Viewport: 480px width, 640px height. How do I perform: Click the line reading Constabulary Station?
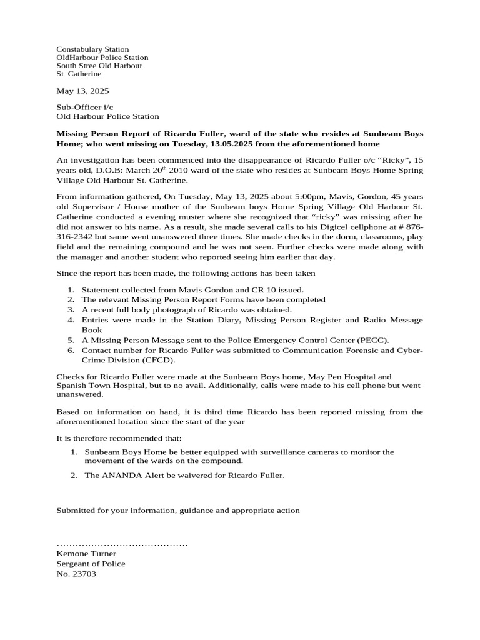tap(92, 49)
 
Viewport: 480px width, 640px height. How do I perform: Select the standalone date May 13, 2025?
tap(82, 91)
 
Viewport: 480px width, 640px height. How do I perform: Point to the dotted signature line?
tap(122, 545)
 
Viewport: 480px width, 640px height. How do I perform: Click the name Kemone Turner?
tap(86, 554)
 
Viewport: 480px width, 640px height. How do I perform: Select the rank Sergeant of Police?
tap(91, 564)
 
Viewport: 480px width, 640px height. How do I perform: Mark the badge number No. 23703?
tap(76, 574)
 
